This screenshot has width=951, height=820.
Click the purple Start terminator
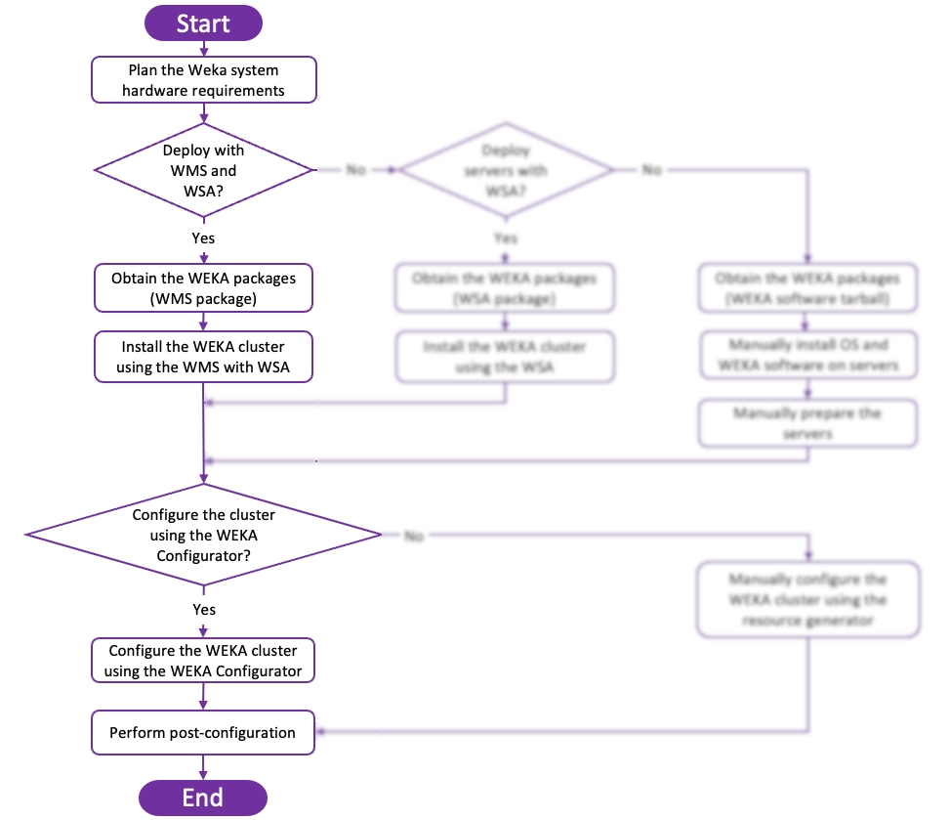pyautogui.click(x=203, y=23)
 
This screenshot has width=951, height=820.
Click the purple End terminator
pyautogui.click(x=203, y=798)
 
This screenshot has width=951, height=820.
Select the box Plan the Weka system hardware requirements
pyautogui.click(x=204, y=80)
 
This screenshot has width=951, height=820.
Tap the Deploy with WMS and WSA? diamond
pyautogui.click(x=203, y=170)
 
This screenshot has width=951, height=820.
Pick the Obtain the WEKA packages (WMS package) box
pyautogui.click(x=204, y=288)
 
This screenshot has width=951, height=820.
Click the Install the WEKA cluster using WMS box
pyautogui.click(x=204, y=357)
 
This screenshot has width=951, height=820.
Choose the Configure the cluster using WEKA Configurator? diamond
pyautogui.click(x=203, y=535)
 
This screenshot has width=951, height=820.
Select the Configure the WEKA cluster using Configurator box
pyautogui.click(x=204, y=661)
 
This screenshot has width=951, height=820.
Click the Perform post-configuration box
pyautogui.click(x=204, y=733)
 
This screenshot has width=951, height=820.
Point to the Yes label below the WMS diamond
pyautogui.click(x=203, y=237)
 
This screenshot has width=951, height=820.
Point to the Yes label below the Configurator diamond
pyautogui.click(x=203, y=609)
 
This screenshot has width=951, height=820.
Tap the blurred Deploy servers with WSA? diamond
pyautogui.click(x=505, y=170)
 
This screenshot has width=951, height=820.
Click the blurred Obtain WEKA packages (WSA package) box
pyautogui.click(x=505, y=288)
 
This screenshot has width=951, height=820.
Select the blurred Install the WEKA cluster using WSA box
pyautogui.click(x=505, y=357)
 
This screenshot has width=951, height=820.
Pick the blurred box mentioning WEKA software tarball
pyautogui.click(x=807, y=288)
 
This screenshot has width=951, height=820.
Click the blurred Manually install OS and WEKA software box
pyautogui.click(x=807, y=356)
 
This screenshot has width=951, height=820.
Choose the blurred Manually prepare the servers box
pyautogui.click(x=807, y=422)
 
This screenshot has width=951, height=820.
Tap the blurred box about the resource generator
pyautogui.click(x=807, y=599)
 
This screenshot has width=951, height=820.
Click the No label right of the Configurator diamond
pyautogui.click(x=413, y=536)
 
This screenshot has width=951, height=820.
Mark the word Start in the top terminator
pyautogui.click(x=203, y=23)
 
